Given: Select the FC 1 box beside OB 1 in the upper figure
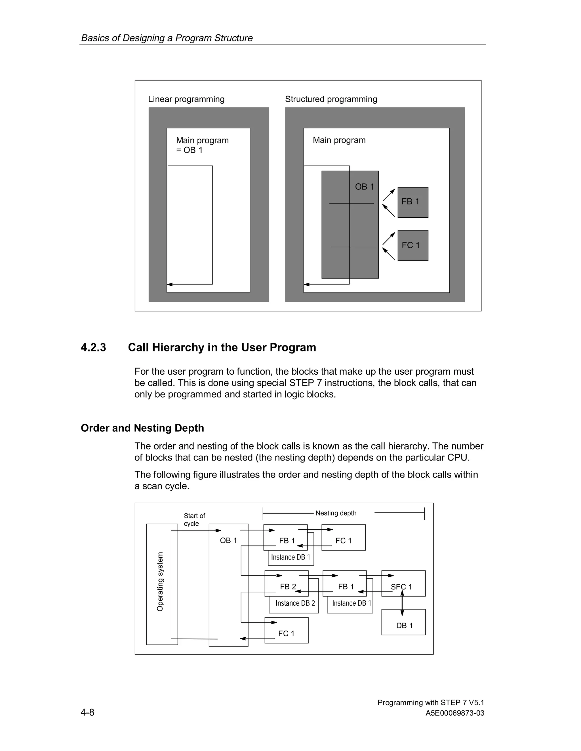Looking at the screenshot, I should pyautogui.click(x=413, y=245).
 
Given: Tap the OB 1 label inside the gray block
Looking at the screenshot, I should pyautogui.click(x=364, y=187).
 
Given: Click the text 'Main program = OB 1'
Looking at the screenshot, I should pyautogui.click(x=202, y=145).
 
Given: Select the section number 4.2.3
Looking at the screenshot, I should pyautogui.click(x=93, y=347).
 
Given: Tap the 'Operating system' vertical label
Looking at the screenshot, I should pyautogui.click(x=160, y=582).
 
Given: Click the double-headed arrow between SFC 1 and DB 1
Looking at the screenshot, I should pyautogui.click(x=402, y=603).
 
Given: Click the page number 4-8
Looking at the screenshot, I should pyautogui.click(x=87, y=712).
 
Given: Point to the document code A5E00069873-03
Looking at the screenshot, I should pyautogui.click(x=455, y=713).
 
